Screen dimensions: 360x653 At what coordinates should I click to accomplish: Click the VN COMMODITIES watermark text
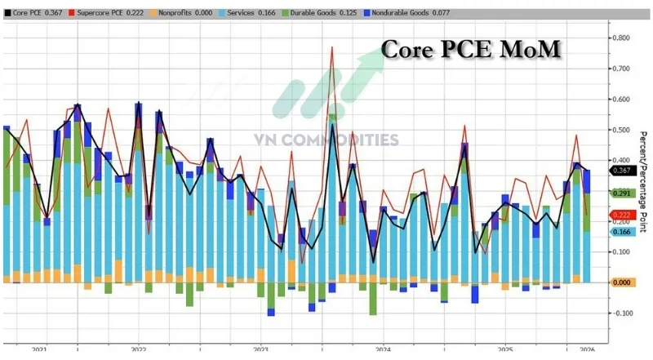[326, 140]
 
